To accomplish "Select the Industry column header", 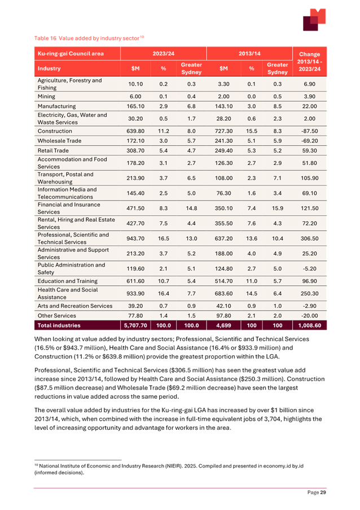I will tap(49, 68).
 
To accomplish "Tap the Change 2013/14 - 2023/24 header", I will tap(309, 61).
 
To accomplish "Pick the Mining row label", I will tap(47, 96).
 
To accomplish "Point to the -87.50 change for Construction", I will tap(309, 130).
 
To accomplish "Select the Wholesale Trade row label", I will tap(59, 141).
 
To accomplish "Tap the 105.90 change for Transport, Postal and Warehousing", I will tap(309, 178).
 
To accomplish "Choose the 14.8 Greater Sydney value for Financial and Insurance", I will tap(191, 208).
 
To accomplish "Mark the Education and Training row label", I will tap(67, 281).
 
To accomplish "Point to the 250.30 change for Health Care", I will tap(309, 294).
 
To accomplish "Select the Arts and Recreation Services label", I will tap(75, 306).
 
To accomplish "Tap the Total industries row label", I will tap(59, 326).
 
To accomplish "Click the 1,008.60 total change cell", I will tap(309, 326).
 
